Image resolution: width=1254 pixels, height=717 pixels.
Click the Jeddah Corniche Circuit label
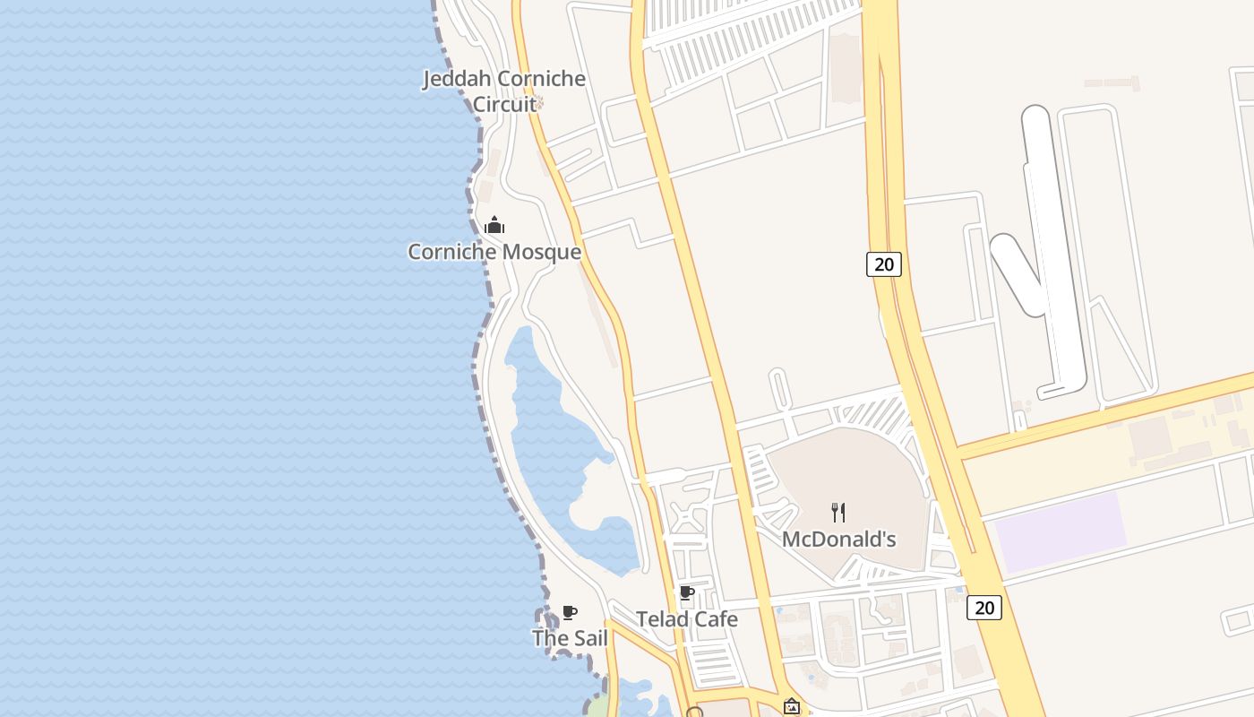tap(504, 91)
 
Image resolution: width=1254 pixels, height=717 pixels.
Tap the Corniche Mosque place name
tap(494, 252)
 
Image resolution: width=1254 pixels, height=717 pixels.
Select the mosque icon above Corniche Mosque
tap(494, 225)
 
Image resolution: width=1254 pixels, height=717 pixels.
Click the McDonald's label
tap(839, 540)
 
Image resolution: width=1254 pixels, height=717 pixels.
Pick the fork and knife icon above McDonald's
tap(838, 513)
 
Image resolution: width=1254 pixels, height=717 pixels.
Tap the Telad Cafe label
tap(687, 618)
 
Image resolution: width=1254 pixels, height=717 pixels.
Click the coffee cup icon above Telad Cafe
tap(687, 592)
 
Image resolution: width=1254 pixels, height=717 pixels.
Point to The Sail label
tap(570, 638)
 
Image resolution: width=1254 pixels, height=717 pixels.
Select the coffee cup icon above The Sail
tap(570, 613)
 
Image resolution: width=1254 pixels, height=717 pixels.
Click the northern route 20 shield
tap(883, 263)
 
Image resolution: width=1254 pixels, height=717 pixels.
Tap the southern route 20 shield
tap(983, 608)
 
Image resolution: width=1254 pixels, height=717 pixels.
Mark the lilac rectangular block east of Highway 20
tap(1061, 531)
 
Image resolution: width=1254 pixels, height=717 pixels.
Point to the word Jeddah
tap(457, 79)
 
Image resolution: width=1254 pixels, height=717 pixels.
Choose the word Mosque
tap(539, 252)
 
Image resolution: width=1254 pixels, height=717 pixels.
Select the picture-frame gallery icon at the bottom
tap(792, 707)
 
